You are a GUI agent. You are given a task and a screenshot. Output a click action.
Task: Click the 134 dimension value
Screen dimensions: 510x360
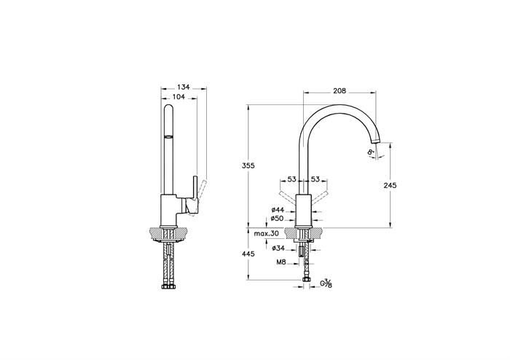(184, 87)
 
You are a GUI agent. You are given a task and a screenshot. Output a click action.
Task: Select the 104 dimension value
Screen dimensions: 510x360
(178, 97)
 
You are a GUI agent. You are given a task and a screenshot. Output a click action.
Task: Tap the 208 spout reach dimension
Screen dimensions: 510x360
(340, 91)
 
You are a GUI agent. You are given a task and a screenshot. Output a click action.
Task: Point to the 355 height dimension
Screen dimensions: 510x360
(248, 165)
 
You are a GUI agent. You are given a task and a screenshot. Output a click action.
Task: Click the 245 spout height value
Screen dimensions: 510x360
(390, 185)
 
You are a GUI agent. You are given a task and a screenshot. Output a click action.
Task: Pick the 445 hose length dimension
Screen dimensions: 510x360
(248, 254)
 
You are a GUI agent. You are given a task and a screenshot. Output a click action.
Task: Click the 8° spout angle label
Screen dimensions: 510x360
(370, 152)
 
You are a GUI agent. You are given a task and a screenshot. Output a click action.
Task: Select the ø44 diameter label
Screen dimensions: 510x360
(278, 210)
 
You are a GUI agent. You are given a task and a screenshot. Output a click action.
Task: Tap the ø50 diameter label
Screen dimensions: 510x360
(278, 219)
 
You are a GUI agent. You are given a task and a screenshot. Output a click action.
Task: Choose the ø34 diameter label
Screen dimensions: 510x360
(278, 248)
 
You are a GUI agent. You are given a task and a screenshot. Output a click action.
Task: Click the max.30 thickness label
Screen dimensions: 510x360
(267, 233)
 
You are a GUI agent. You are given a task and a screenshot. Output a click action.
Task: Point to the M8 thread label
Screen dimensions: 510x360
(281, 262)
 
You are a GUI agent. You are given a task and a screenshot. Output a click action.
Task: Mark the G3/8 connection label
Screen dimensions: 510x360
(326, 283)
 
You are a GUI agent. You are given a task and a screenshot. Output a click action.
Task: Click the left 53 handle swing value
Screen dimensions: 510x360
(292, 179)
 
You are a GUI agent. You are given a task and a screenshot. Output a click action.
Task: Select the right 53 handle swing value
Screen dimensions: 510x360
(315, 179)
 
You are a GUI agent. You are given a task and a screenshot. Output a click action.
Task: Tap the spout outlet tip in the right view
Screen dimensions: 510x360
(375, 141)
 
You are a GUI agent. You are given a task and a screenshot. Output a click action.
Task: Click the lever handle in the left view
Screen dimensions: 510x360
(194, 195)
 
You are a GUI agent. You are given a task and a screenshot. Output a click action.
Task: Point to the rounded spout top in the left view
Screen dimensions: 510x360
(168, 109)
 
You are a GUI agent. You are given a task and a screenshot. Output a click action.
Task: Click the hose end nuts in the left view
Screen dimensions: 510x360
(169, 287)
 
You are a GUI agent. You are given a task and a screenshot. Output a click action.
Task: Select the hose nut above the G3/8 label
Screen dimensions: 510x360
(306, 279)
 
